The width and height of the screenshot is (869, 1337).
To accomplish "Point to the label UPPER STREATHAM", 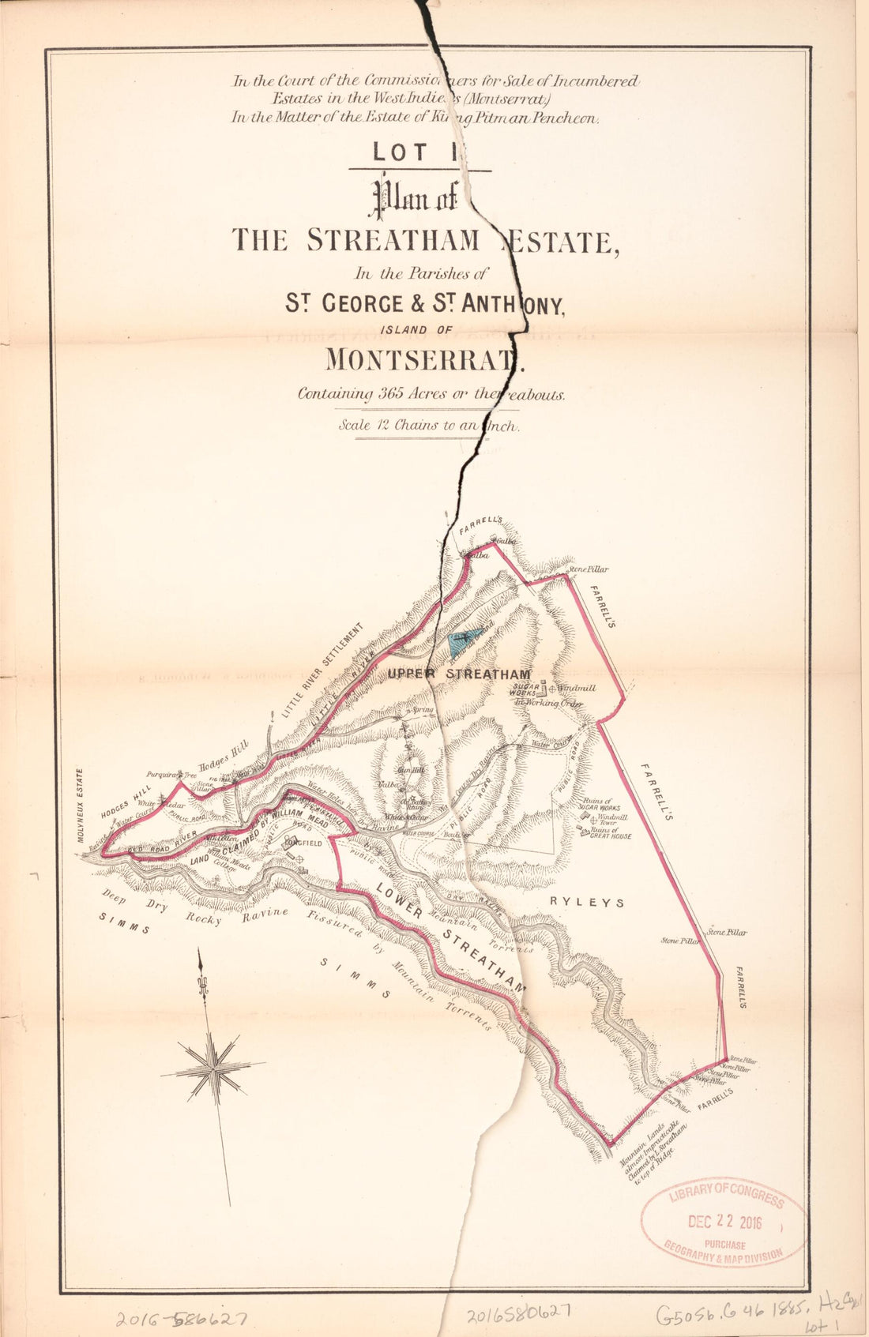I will click(x=458, y=674).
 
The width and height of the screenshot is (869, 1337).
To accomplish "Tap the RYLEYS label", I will click(x=587, y=902).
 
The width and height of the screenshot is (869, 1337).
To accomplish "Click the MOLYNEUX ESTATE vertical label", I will click(x=81, y=806).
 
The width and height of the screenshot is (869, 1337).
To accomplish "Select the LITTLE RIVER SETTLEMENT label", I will click(x=322, y=670).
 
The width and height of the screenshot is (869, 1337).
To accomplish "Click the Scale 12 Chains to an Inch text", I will click(x=427, y=425).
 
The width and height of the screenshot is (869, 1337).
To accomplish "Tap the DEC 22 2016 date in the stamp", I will click(x=724, y=1222).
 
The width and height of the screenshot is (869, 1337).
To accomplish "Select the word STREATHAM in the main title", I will click(x=393, y=239).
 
